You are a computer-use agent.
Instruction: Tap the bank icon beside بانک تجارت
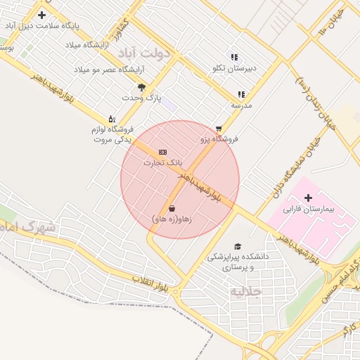(x=163, y=152)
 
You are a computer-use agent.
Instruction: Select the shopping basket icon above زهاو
(x=172, y=209)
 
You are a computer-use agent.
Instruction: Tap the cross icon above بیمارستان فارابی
(x=308, y=198)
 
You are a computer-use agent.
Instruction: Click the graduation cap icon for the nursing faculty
(x=238, y=246)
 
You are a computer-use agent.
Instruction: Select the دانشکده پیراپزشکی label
(x=238, y=257)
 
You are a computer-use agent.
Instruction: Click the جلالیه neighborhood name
(x=246, y=291)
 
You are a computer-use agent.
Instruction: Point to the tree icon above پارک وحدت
(x=141, y=87)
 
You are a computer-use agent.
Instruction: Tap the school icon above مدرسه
(x=241, y=94)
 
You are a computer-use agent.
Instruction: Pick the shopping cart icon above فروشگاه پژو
(x=219, y=129)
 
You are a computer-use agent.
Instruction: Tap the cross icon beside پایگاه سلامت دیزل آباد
(x=42, y=15)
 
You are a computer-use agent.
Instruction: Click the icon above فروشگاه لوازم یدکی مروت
(x=111, y=119)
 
